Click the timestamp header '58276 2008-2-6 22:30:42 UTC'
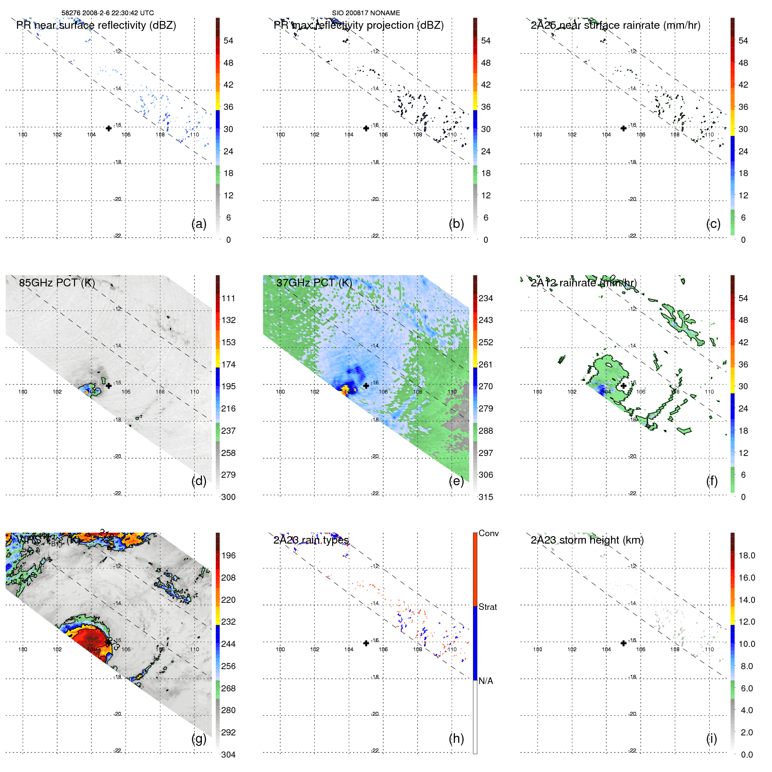[x=107, y=13]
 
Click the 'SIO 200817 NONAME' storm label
[x=366, y=13]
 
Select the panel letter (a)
[x=199, y=224]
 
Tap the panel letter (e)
[x=456, y=481]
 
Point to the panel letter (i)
[x=711, y=738]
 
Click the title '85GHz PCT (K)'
[x=57, y=282]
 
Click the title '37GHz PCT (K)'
[x=314, y=282]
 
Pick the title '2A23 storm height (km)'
[x=587, y=540]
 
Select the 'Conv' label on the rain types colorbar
[x=489, y=533]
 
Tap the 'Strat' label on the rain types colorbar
[x=488, y=607]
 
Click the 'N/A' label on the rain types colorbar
[x=486, y=681]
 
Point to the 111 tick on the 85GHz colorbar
[x=228, y=298]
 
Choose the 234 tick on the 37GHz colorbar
[x=486, y=298]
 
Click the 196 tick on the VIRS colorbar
[x=228, y=555]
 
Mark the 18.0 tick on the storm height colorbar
[x=747, y=555]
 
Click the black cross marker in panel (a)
[x=109, y=128]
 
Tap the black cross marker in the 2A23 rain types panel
[x=366, y=643]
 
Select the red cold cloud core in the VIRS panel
[x=89, y=639]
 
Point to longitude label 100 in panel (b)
[x=280, y=135]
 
